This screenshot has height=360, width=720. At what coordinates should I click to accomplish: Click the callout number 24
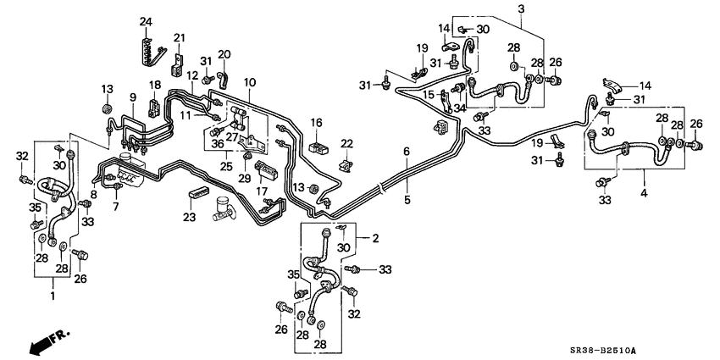[x=146, y=21]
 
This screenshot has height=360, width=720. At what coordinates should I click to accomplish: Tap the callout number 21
[x=179, y=37]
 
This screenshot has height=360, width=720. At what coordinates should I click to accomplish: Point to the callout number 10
[x=250, y=82]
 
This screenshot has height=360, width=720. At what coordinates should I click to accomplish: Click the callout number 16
[x=316, y=123]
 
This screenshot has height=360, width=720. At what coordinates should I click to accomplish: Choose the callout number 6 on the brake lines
[x=407, y=152]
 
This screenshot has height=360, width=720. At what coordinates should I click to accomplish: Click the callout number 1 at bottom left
[x=53, y=296]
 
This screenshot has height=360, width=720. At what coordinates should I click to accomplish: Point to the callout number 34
[x=461, y=108]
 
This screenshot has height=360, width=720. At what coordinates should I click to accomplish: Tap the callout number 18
[x=155, y=85]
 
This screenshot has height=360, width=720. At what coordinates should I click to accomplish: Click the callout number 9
[x=133, y=97]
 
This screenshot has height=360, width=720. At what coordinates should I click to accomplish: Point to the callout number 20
[x=224, y=55]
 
